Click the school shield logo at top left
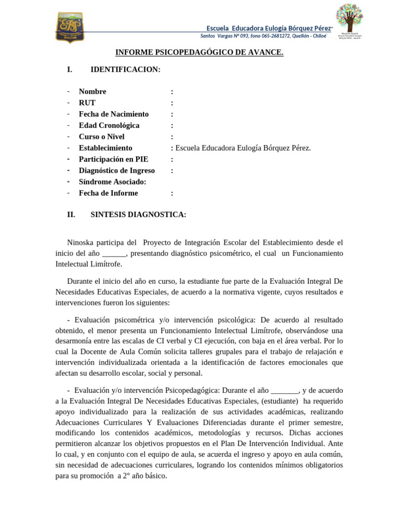[70, 27]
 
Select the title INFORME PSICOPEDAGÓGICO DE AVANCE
[199, 52]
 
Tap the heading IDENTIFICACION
[125, 70]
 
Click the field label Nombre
[92, 91]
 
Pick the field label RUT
[87, 103]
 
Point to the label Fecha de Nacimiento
[113, 114]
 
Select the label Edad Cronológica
[109, 125]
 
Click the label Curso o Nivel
[101, 137]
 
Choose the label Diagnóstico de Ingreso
[116, 170]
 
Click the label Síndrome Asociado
[112, 182]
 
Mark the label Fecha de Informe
[108, 193]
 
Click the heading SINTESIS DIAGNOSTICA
[138, 215]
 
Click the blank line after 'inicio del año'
[114, 254]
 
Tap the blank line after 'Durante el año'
[285, 390]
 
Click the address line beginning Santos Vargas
[263, 36]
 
